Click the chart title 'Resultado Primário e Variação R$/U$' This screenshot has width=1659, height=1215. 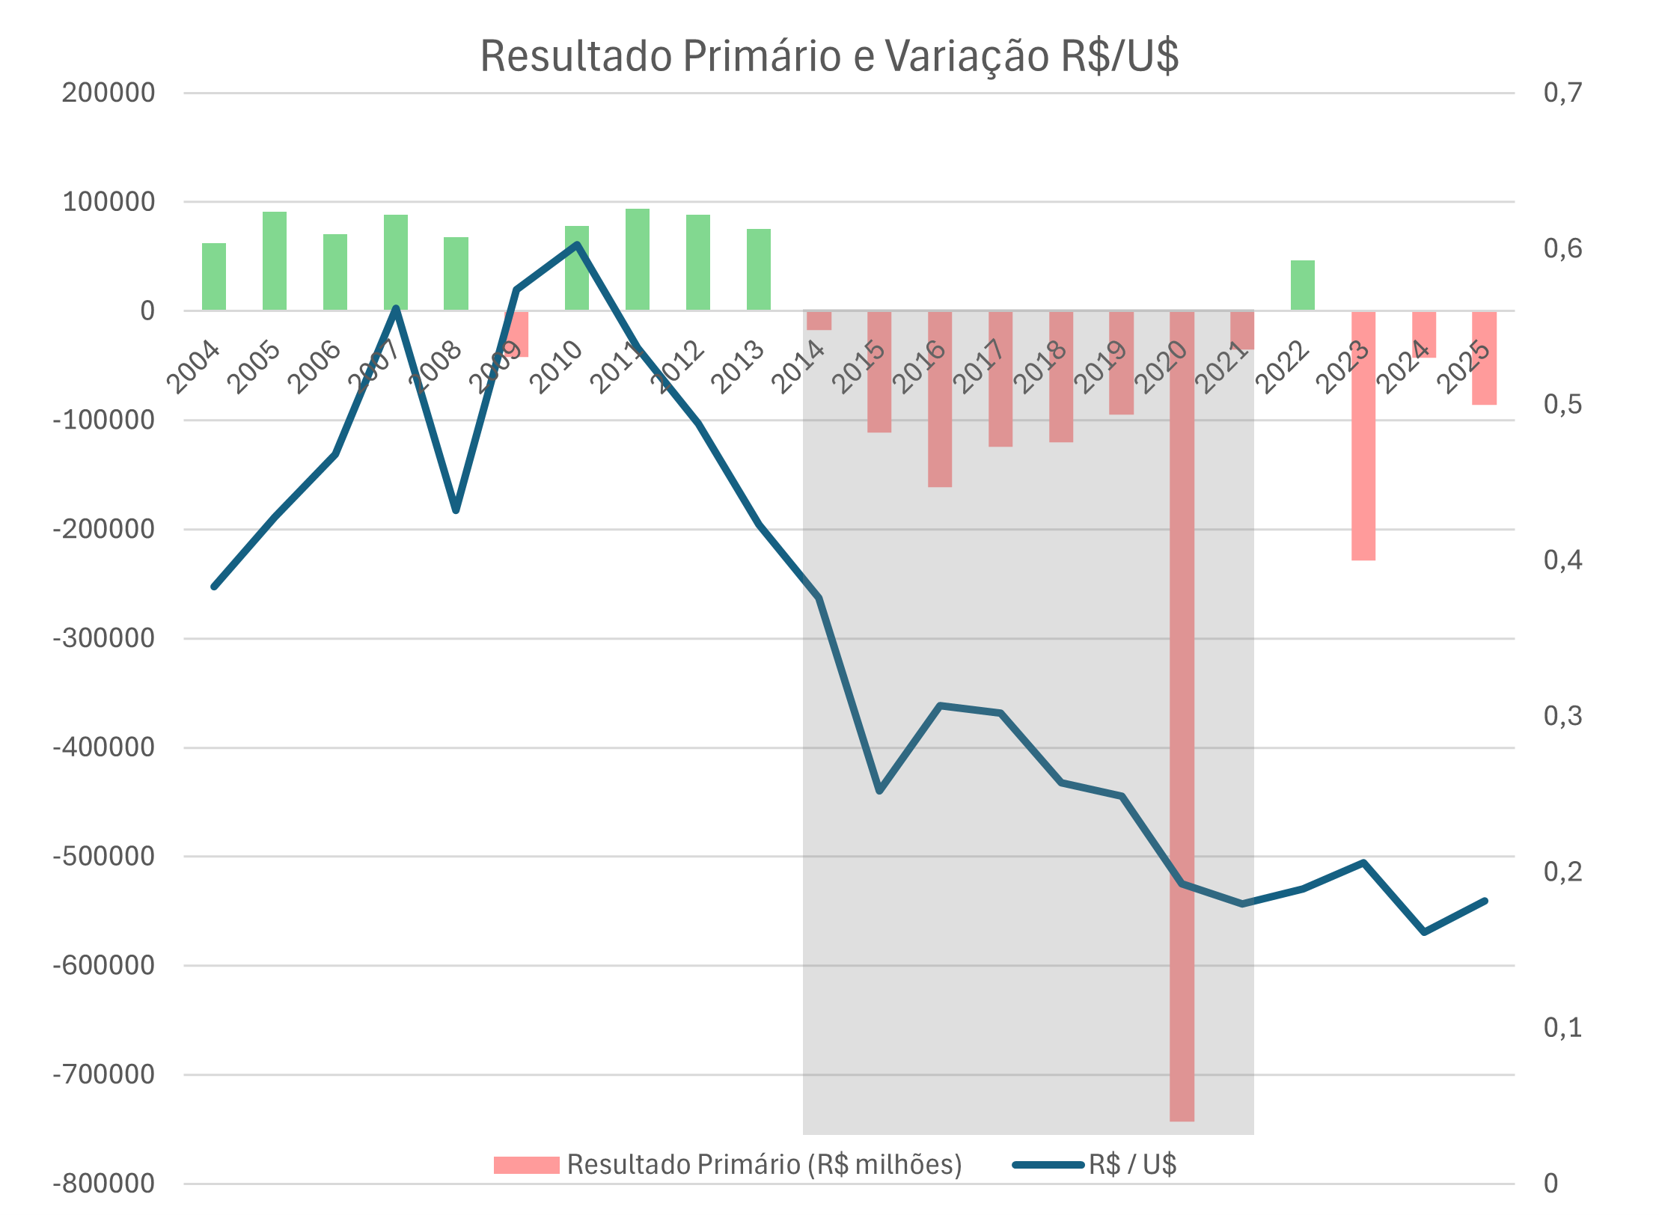pos(829,56)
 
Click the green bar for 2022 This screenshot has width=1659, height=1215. pos(1302,285)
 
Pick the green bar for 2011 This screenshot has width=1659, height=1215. pos(637,259)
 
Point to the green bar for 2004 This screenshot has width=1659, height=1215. pos(214,276)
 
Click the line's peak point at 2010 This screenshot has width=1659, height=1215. pos(577,245)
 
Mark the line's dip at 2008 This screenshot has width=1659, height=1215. pos(456,510)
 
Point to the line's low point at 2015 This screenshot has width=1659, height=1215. pos(879,791)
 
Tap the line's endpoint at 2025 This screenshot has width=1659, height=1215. pos(1485,901)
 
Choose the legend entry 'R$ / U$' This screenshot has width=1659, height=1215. pos(1132,1165)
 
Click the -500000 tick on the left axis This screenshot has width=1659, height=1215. pos(104,856)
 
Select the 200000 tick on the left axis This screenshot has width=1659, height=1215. pos(109,94)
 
